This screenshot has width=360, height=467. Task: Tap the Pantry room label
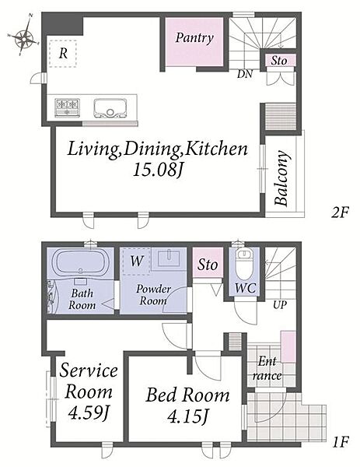click(x=194, y=38)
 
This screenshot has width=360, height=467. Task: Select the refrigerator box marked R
click(x=63, y=54)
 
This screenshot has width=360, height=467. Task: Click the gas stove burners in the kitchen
click(x=67, y=107)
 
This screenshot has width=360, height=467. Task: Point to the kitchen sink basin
click(x=110, y=108)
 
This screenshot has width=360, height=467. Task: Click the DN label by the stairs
click(x=245, y=74)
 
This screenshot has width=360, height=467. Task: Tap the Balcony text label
click(x=281, y=178)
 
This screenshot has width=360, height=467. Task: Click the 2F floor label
click(x=340, y=212)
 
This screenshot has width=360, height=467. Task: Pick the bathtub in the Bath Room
click(x=80, y=262)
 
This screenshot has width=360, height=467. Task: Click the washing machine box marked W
click(x=136, y=262)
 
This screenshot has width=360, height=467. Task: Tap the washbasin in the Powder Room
click(x=169, y=258)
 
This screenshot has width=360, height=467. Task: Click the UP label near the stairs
click(x=280, y=304)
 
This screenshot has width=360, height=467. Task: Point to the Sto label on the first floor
click(x=208, y=265)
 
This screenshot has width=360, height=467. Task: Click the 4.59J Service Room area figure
click(x=88, y=413)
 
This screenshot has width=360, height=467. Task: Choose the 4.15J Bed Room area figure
click(x=187, y=416)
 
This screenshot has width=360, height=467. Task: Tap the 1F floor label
click(x=340, y=441)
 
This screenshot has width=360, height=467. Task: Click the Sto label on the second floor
click(x=279, y=61)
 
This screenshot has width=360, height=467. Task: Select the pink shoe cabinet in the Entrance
click(x=288, y=346)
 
